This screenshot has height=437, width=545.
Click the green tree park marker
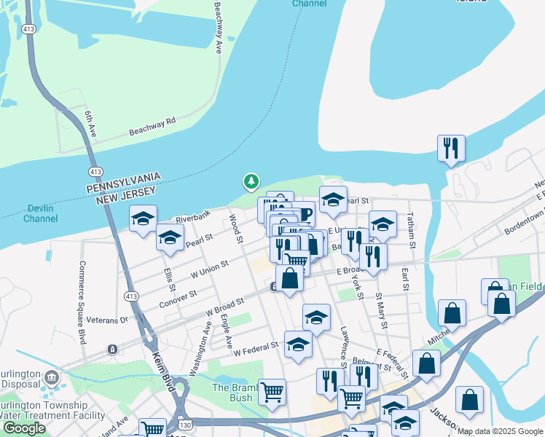tap(251, 181)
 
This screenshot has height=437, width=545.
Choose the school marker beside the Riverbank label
tap(144, 217)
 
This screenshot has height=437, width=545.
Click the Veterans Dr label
tap(106, 319)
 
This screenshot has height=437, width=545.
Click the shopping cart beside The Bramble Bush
tap(272, 391)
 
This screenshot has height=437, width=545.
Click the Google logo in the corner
tap(24, 428)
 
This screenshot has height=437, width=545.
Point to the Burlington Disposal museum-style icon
tap(52, 377)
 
